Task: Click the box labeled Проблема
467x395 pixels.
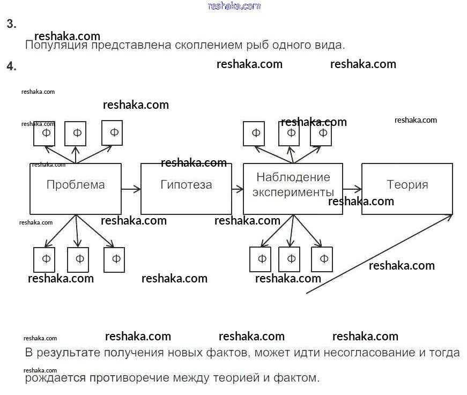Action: [75, 189]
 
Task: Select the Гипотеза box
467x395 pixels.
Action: [186, 189]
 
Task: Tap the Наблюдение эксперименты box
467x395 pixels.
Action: [293, 189]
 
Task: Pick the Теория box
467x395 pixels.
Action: [407, 189]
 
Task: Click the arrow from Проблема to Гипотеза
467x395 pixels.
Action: [131, 189]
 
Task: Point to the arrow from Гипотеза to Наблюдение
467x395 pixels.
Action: [238, 189]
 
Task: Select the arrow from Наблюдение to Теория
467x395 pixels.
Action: [352, 189]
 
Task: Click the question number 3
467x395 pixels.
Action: [11, 24]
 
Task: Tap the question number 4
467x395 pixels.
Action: [11, 66]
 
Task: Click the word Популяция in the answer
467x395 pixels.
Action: [56, 45]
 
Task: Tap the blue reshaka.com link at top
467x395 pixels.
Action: [234, 6]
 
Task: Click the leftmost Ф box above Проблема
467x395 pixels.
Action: [45, 133]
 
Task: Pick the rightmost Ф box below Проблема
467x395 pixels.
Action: [114, 259]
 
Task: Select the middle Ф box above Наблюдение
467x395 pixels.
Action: [290, 133]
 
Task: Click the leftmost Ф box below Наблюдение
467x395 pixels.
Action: [261, 259]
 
